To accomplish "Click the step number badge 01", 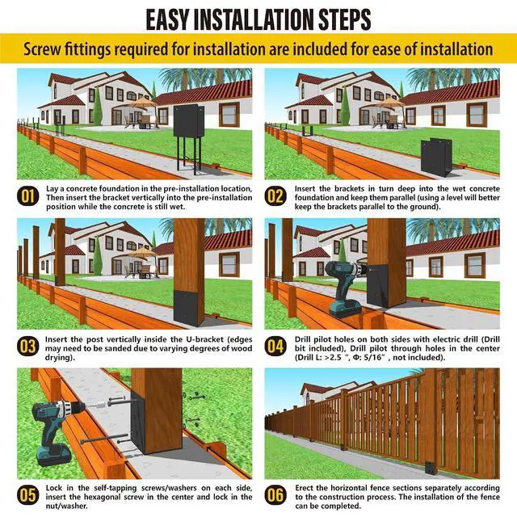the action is [x=27, y=196].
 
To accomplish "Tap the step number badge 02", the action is [x=275, y=196].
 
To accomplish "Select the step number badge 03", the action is [x=27, y=347].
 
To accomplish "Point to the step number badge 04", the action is [x=275, y=347].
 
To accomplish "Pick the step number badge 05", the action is [x=27, y=495].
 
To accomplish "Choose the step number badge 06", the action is [x=275, y=495].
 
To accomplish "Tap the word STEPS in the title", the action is [x=345, y=19].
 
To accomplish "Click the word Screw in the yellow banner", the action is [x=43, y=49].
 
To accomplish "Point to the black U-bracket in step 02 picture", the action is [x=436, y=158].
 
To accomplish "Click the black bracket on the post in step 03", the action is [x=189, y=308].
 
